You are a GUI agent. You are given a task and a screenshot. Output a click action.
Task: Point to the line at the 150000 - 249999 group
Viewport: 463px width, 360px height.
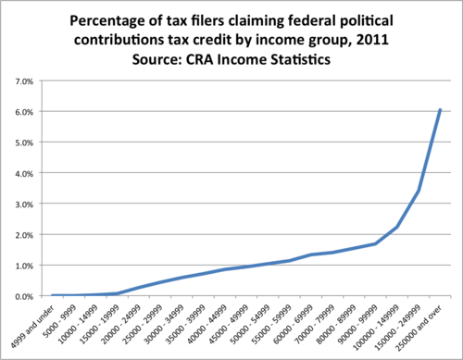tap(419, 192)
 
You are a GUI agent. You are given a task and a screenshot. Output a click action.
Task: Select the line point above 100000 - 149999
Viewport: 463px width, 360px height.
tap(397, 227)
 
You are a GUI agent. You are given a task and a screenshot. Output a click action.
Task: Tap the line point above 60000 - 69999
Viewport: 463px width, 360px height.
tap(311, 255)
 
